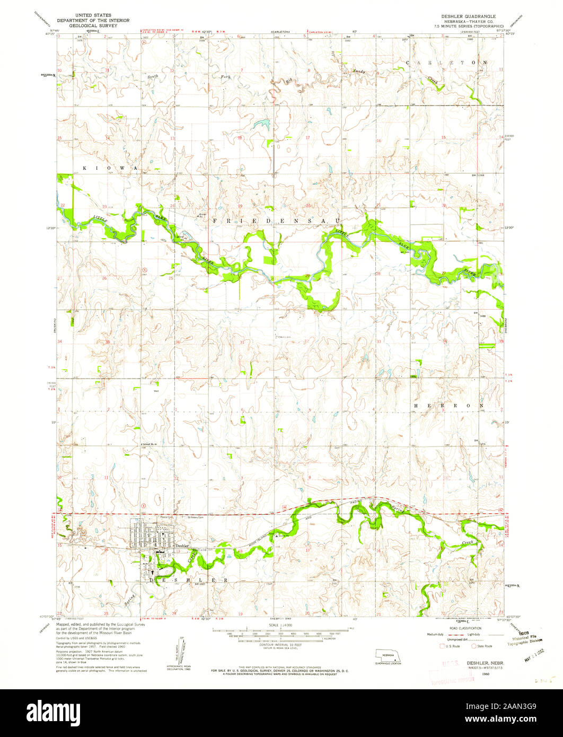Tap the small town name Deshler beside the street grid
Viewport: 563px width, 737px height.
pyautogui.click(x=182, y=546)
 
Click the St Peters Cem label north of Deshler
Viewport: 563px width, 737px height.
pyautogui.click(x=196, y=517)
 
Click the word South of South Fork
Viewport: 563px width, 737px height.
pyautogui.click(x=153, y=77)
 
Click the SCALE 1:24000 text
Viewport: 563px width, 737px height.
pyautogui.click(x=280, y=626)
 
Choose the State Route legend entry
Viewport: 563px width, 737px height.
pyautogui.click(x=483, y=646)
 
